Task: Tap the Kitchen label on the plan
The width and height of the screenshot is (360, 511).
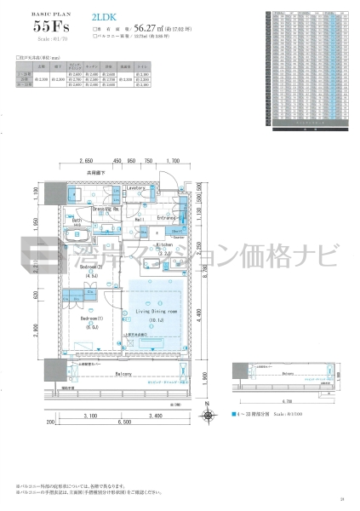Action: point(164,244)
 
